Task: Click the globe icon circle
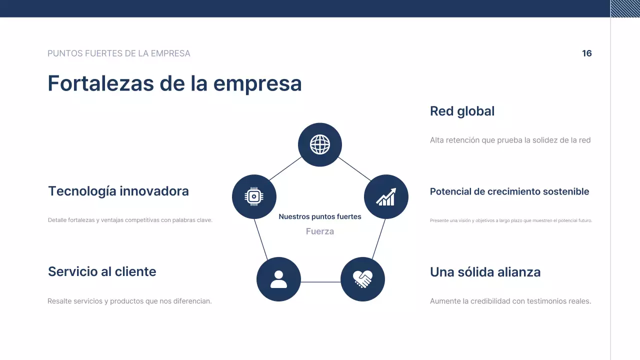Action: pyautogui.click(x=320, y=145)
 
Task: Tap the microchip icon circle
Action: pyautogui.click(x=254, y=196)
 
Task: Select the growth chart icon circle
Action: pyautogui.click(x=386, y=196)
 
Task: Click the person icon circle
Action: pyautogui.click(x=278, y=279)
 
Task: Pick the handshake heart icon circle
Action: pyautogui.click(x=362, y=279)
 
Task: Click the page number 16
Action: pyautogui.click(x=586, y=53)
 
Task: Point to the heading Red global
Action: pyautogui.click(x=462, y=111)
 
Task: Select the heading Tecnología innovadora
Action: pyautogui.click(x=118, y=191)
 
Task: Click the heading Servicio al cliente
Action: pyautogui.click(x=102, y=271)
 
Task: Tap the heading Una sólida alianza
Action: pyautogui.click(x=485, y=272)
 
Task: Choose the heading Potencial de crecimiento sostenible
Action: pyautogui.click(x=509, y=191)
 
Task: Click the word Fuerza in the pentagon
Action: pyautogui.click(x=320, y=231)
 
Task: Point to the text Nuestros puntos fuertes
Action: pyautogui.click(x=320, y=216)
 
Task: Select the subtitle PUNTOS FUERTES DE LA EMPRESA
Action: pyautogui.click(x=119, y=53)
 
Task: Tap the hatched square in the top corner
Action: pyautogui.click(x=625, y=8)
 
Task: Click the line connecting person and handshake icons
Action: pyautogui.click(x=320, y=282)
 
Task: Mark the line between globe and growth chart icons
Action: pyautogui.click(x=354, y=168)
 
